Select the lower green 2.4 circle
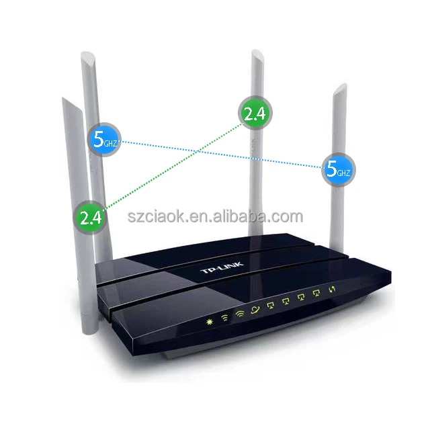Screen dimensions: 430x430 pyautogui.click(x=90, y=216)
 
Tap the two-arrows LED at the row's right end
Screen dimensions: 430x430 pyautogui.click(x=331, y=290)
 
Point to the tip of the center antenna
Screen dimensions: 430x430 pyautogui.click(x=255, y=53)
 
